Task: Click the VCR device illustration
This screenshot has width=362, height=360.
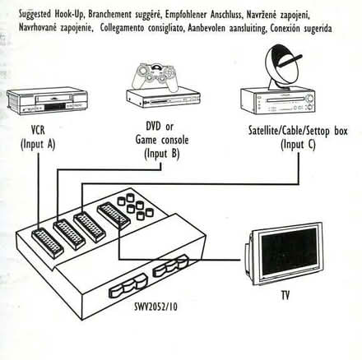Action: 47,101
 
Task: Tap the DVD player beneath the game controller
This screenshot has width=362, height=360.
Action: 164,96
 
